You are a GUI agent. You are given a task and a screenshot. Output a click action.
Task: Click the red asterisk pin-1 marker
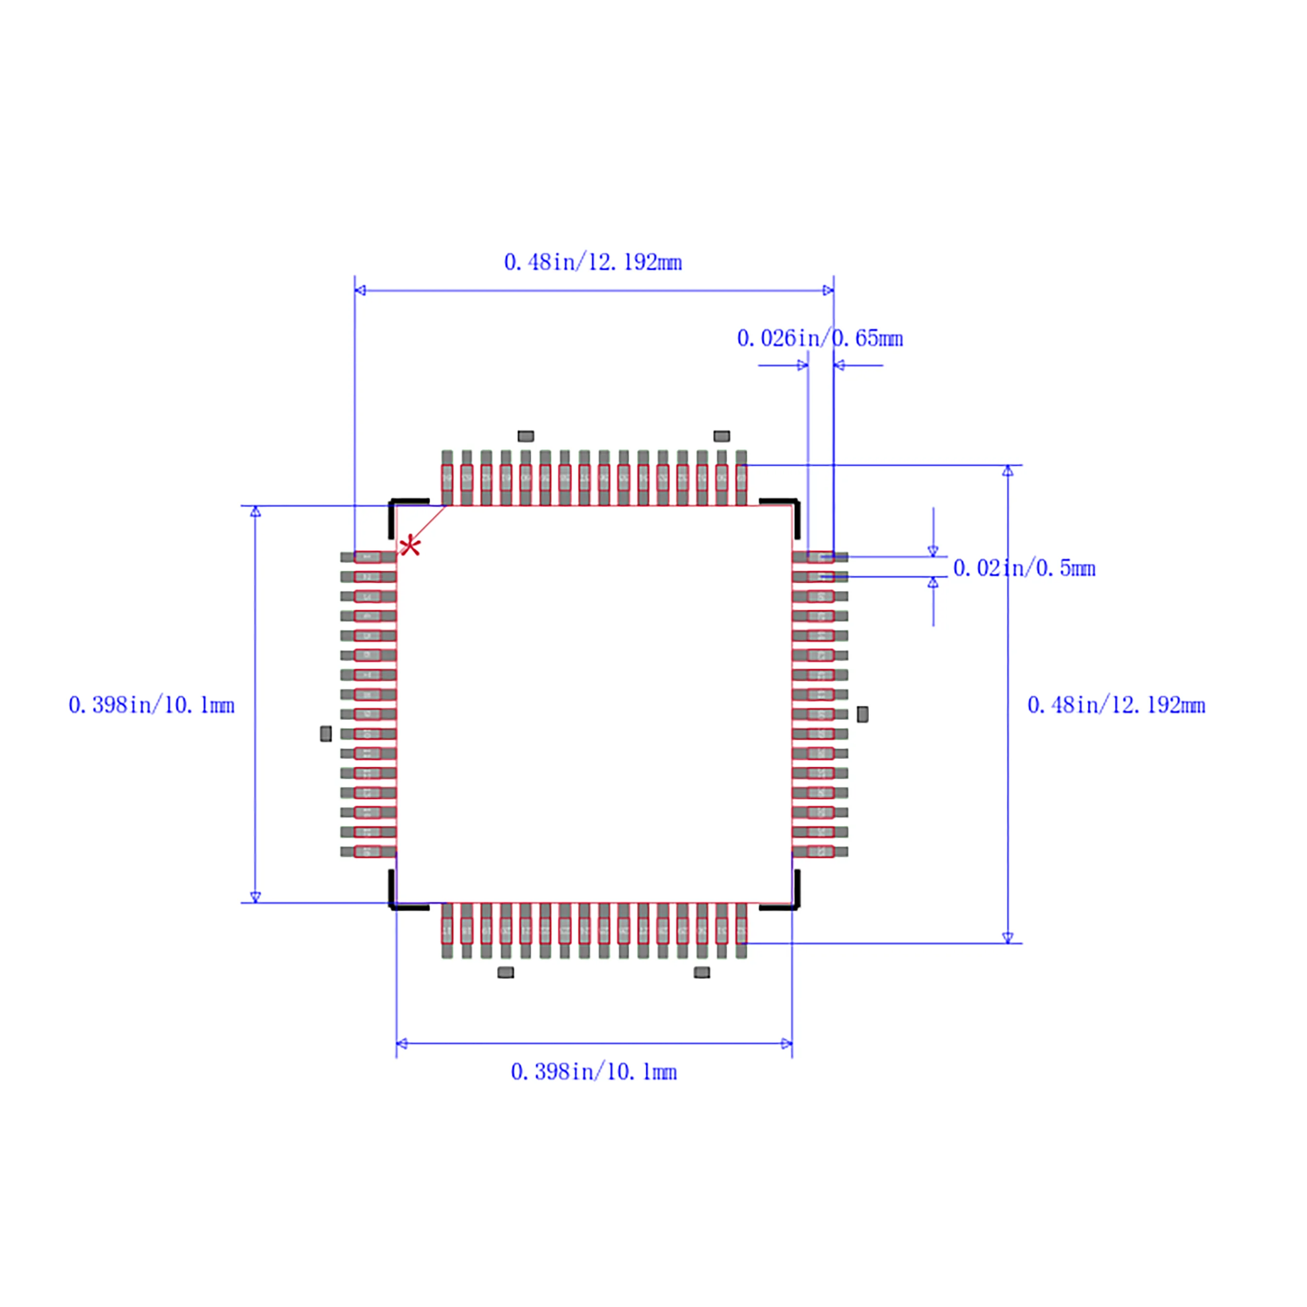[x=410, y=546]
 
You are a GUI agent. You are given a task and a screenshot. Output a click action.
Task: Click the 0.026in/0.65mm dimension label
[x=820, y=338]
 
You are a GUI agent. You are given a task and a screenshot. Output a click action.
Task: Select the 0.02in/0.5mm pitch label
[x=1024, y=568]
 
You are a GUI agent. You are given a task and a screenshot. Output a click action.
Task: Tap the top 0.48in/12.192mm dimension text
[x=593, y=263]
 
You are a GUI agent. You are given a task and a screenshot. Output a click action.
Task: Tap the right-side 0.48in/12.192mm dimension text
[x=1116, y=706]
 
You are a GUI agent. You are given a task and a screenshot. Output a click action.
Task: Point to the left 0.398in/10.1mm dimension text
[x=152, y=706]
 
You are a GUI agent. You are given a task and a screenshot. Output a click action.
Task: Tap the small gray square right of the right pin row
[x=863, y=714]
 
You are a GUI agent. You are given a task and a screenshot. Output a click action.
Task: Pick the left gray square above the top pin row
[x=526, y=436]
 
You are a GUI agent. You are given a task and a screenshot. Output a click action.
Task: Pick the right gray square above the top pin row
[x=722, y=436]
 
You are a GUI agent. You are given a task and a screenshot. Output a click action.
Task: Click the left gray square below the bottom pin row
[x=505, y=972]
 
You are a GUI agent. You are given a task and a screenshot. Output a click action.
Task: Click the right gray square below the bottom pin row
[x=702, y=972]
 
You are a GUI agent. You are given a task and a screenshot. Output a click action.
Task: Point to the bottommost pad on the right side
[x=820, y=851]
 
